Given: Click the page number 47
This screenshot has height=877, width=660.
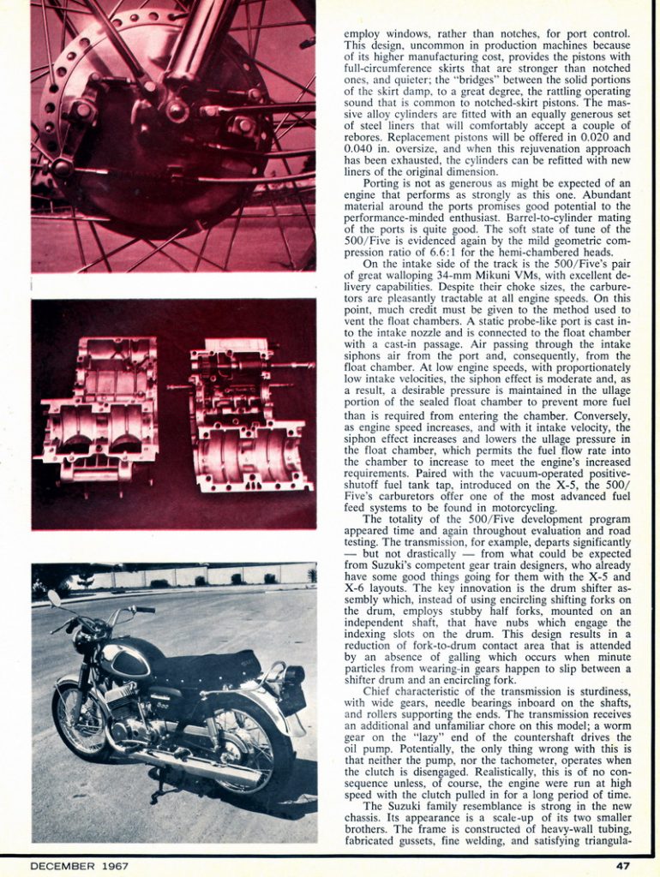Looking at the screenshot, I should tap(622, 866).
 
